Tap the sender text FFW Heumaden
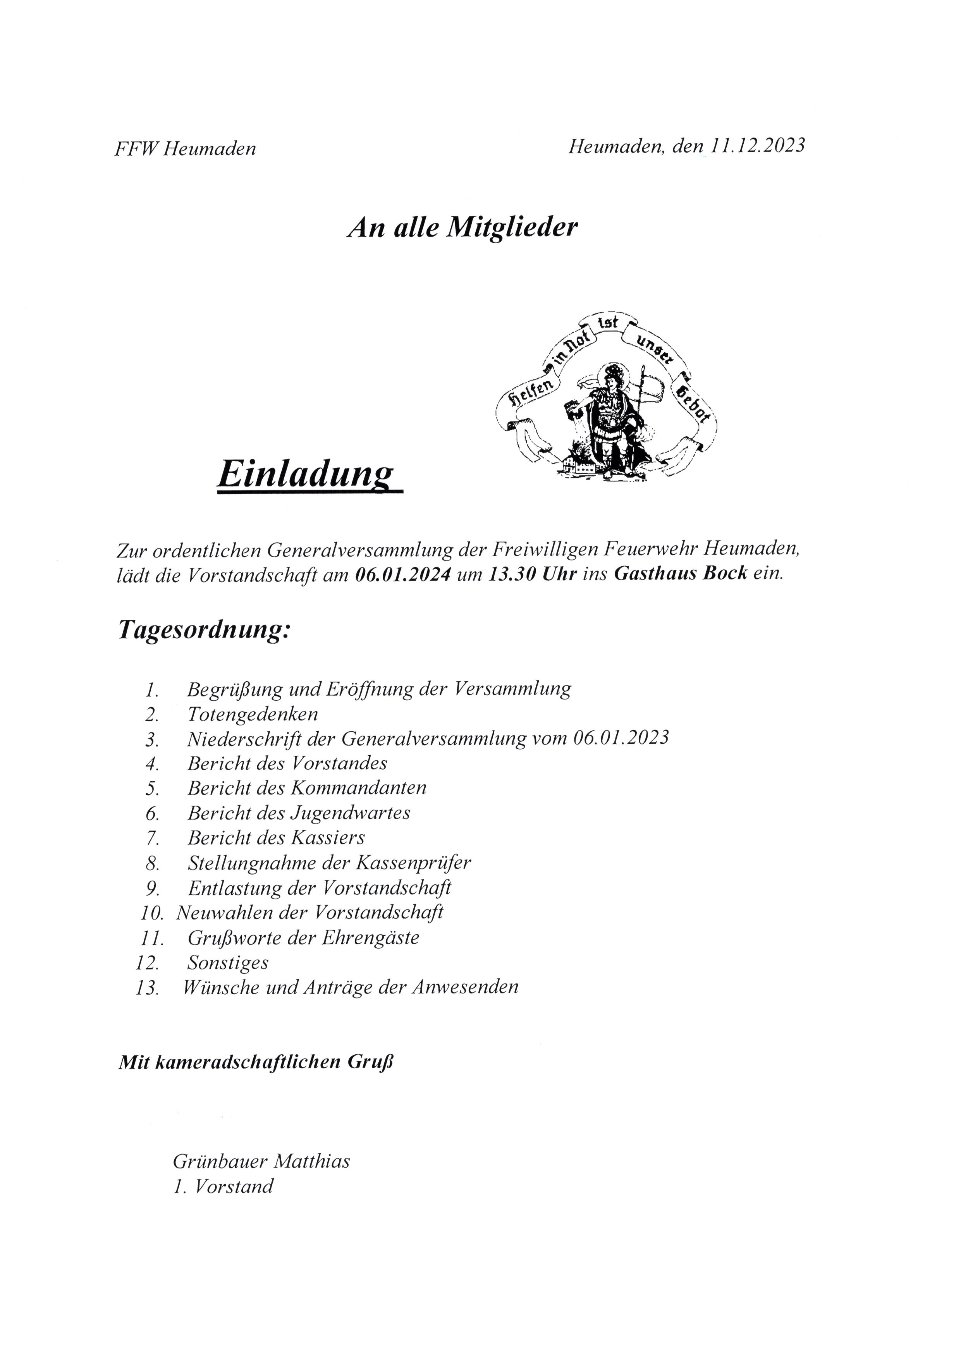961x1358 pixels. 185,148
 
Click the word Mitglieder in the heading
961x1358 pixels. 511,228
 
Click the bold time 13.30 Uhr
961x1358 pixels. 531,574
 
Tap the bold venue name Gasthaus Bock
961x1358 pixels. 681,574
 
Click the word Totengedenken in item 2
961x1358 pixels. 253,714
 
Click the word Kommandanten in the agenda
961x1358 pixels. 359,788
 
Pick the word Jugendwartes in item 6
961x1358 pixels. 351,813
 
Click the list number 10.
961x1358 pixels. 151,913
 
